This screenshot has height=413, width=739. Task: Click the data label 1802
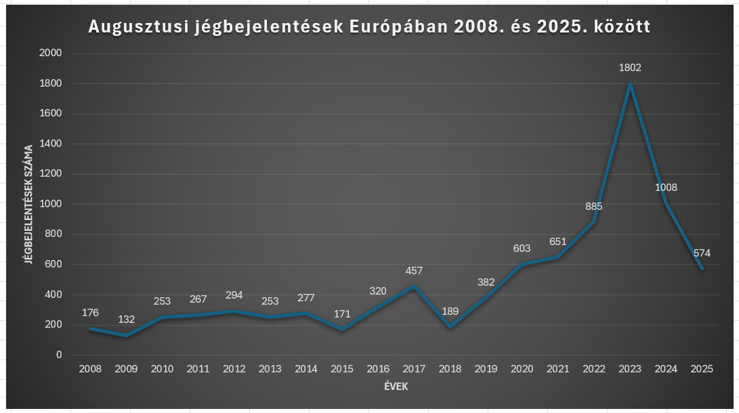[630, 68]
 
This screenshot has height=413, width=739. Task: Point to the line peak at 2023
[630, 84]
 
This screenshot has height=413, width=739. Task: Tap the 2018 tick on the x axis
[450, 369]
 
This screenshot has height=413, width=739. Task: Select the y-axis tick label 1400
[51, 144]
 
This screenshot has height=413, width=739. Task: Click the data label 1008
[666, 188]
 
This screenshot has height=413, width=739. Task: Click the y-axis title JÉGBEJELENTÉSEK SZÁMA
[28, 204]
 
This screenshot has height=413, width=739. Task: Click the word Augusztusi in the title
[138, 28]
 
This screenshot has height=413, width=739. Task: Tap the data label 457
[414, 271]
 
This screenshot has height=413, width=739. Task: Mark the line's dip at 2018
[450, 326]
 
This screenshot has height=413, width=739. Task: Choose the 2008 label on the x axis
[90, 369]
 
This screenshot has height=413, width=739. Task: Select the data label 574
[702, 253]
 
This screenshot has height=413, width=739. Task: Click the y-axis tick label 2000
[51, 53]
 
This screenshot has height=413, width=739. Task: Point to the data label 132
[126, 320]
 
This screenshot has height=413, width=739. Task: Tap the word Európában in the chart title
[396, 28]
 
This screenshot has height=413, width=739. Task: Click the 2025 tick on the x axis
[702, 369]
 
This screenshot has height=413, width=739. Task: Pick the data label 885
[594, 206]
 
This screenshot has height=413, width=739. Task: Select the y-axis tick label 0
[59, 355]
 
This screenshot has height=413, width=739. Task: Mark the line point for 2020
[522, 264]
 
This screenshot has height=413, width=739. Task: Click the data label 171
[342, 313]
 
